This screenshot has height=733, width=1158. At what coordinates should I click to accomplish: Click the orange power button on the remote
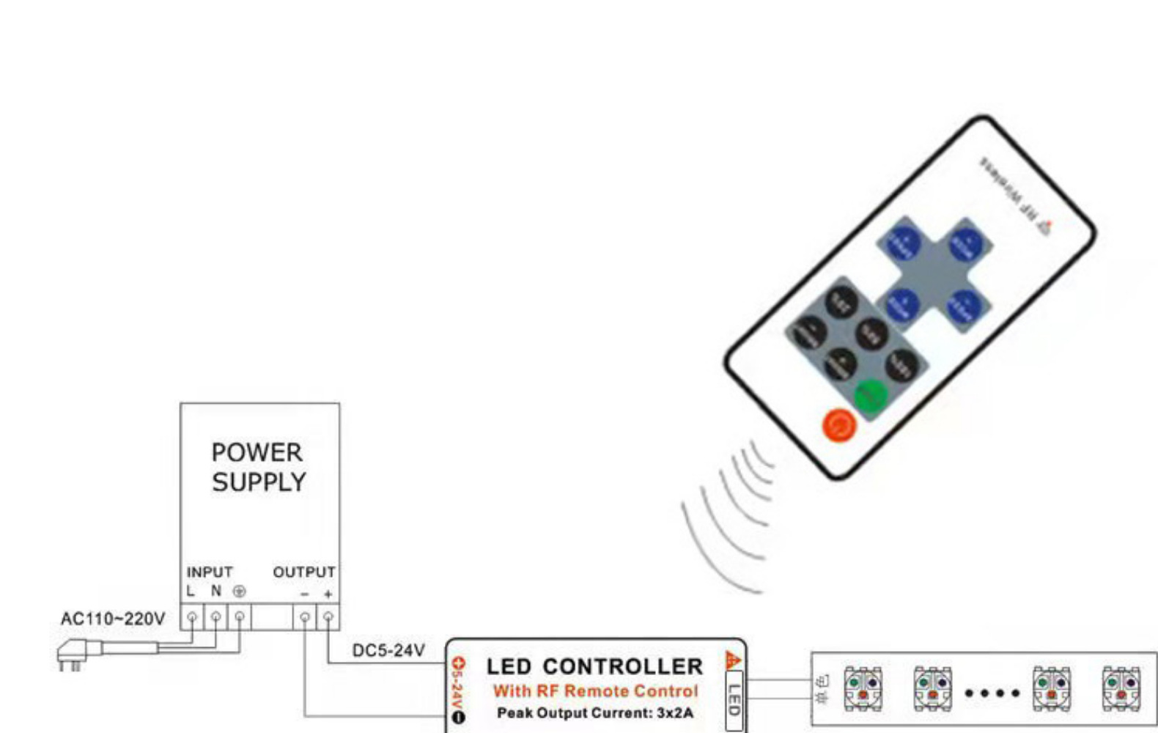839,424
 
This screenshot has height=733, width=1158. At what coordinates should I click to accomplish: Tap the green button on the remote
871,397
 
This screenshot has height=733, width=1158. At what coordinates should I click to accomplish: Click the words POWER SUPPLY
258,467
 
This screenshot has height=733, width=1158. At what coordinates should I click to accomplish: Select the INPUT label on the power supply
210,572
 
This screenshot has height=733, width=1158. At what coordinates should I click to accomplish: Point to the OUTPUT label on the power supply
304,572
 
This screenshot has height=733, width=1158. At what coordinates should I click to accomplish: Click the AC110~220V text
113,619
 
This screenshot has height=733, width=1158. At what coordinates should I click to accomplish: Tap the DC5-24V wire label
388,650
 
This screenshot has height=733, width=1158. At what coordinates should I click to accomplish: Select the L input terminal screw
192,618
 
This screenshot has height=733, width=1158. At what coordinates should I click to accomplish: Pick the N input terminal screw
215,618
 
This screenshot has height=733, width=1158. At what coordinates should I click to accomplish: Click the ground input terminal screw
240,618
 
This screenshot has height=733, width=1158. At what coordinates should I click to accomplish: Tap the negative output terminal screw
305,618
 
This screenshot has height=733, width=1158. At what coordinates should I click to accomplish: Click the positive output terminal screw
328,618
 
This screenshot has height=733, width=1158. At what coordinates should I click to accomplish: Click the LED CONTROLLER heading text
594,666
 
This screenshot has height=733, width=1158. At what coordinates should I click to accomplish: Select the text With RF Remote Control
595,690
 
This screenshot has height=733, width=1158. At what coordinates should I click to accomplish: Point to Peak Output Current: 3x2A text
594,712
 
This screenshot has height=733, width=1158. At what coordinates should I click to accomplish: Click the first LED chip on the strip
863,689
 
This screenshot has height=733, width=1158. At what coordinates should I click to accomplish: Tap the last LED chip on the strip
1121,689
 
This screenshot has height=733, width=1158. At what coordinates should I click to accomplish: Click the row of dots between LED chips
992,692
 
